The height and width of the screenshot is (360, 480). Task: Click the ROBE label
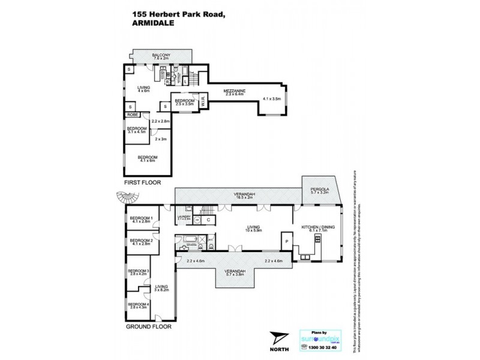pyautogui.click(x=132, y=113)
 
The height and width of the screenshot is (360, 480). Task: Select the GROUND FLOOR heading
pyautogui.click(x=149, y=327)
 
